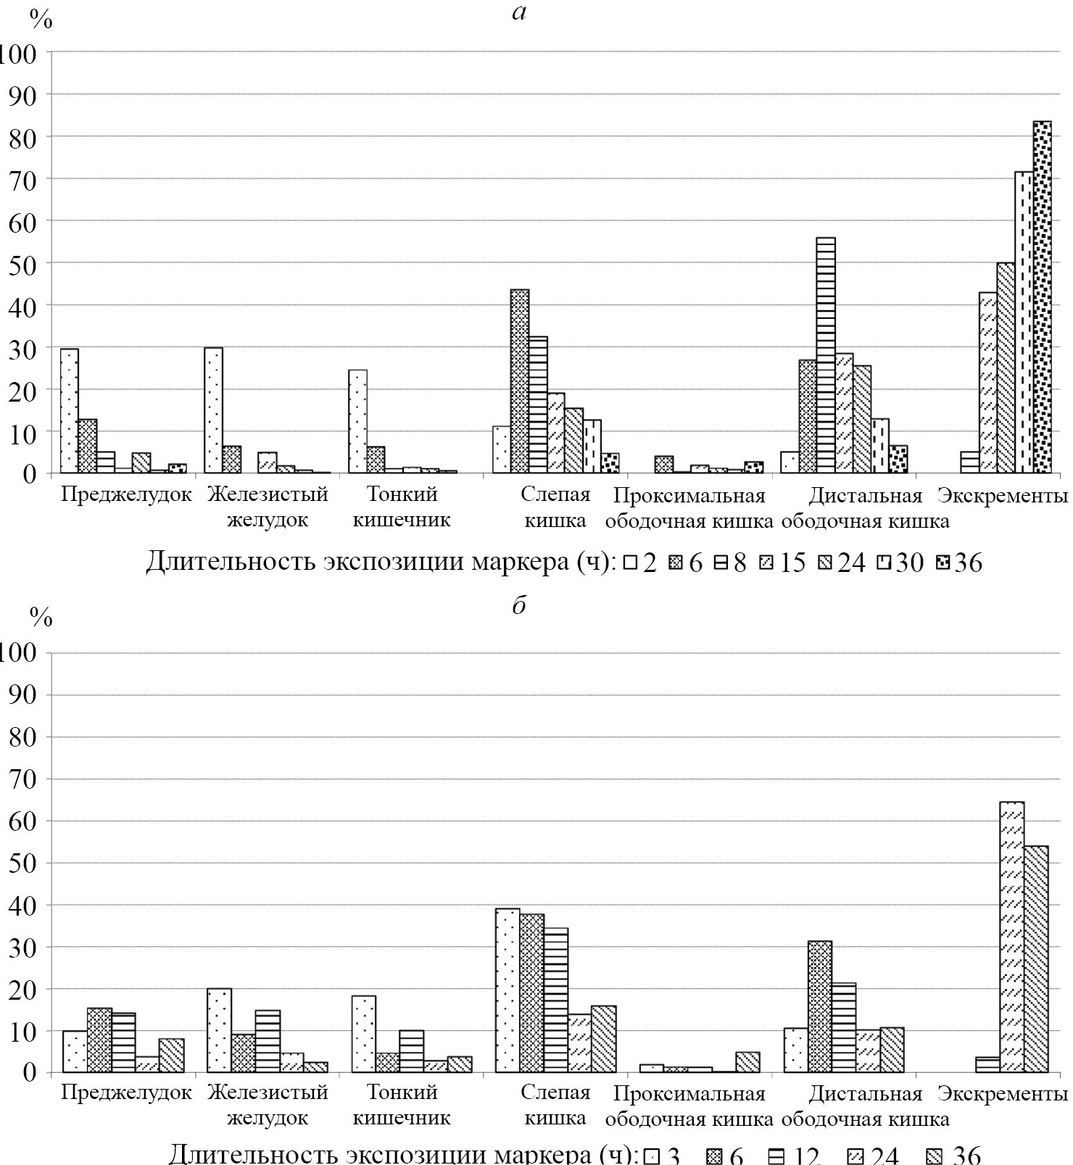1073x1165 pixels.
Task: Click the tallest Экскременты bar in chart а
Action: coord(1042,297)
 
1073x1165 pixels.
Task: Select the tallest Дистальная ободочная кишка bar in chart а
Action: coord(826,355)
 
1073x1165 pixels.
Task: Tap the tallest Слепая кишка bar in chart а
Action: coord(520,381)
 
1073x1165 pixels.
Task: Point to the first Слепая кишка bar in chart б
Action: coord(507,990)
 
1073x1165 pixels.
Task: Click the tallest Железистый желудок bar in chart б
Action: coord(219,1030)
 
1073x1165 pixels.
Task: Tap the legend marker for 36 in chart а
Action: coord(942,563)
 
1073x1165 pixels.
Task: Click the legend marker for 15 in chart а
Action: coord(768,563)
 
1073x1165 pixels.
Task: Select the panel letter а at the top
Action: coord(518,13)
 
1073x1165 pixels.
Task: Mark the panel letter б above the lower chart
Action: coord(518,606)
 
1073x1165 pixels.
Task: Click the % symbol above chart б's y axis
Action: coord(41,618)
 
